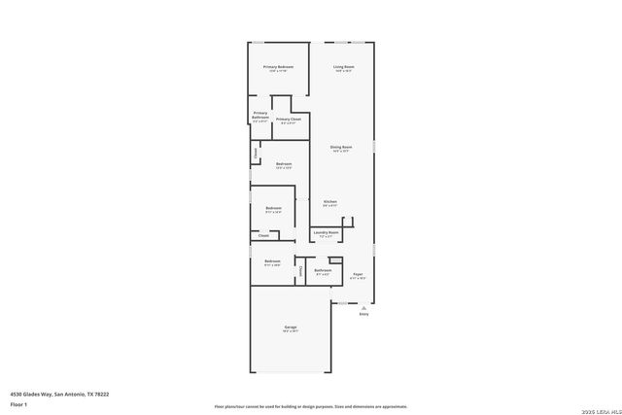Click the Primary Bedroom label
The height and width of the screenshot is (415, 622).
click(278, 67)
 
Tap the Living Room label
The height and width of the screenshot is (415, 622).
click(344, 67)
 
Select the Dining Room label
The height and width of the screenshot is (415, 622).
click(342, 148)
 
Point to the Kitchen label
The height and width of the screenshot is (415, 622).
click(330, 202)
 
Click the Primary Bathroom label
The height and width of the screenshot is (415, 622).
click(260, 116)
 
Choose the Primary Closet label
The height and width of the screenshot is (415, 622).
click(290, 120)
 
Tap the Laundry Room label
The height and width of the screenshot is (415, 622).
click(328, 232)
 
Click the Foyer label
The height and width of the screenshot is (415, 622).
click(358, 275)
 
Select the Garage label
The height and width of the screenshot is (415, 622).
click(290, 327)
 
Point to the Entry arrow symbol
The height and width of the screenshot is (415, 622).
click(364, 306)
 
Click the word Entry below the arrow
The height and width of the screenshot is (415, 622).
click(364, 314)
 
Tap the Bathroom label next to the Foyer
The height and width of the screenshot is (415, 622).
click(323, 271)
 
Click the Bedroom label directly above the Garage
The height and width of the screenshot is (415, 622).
click(273, 261)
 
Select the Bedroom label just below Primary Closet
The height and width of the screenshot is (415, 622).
click(284, 164)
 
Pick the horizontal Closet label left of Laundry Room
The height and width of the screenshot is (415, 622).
click(263, 235)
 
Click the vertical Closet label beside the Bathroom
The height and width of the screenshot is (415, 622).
click(300, 271)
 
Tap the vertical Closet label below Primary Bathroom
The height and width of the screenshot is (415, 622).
click(256, 154)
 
